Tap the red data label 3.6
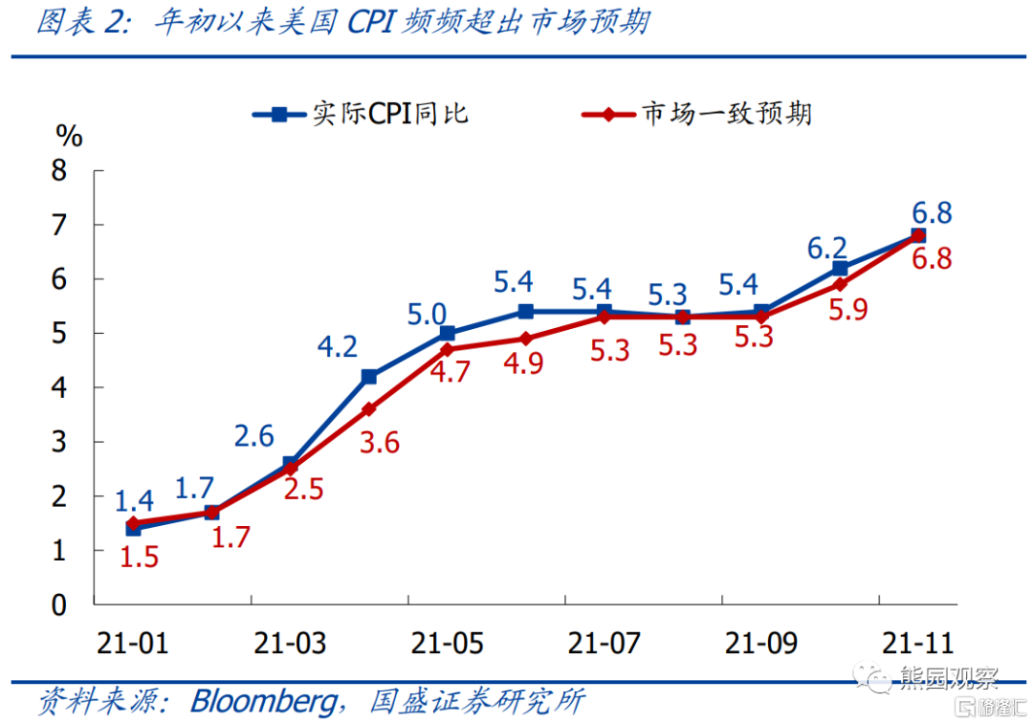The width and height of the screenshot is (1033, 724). click(381, 444)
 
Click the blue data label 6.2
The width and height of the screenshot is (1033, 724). click(827, 249)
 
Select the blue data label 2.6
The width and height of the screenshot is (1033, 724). click(254, 437)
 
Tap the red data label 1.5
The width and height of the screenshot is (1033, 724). click(139, 558)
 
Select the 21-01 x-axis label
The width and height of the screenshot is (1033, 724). click(133, 642)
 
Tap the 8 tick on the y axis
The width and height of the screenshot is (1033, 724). click(59, 171)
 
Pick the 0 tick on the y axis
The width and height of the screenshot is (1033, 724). click(59, 604)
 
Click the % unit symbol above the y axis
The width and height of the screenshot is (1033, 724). click(69, 136)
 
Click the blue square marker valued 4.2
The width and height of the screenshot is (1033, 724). click(368, 377)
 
